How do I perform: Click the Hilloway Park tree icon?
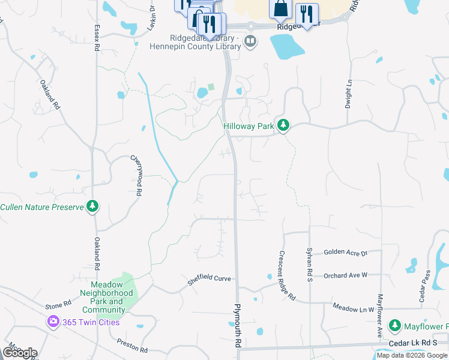(x=283, y=126)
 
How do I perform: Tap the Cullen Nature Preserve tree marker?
(x=92, y=207)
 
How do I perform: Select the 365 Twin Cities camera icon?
(x=53, y=322)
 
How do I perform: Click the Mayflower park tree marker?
(x=394, y=326)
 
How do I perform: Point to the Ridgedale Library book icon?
(x=251, y=42)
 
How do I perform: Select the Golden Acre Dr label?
(x=345, y=253)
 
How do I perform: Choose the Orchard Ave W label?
(x=345, y=275)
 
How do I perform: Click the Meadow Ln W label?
(x=354, y=307)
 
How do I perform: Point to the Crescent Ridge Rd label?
(x=286, y=275)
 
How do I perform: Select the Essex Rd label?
(x=96, y=37)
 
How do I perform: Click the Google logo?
(x=19, y=353)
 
